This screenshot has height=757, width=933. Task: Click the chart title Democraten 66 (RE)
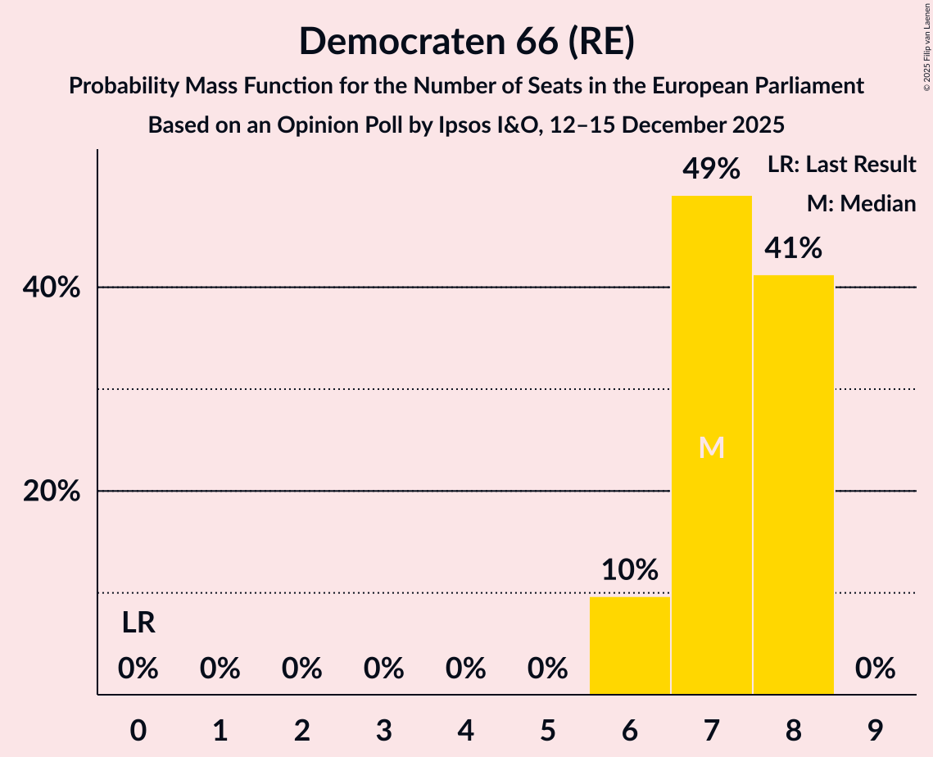(x=466, y=42)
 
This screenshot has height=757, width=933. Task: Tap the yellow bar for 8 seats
(x=793, y=484)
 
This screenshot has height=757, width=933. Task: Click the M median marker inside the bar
(x=712, y=447)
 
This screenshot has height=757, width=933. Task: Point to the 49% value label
(x=712, y=170)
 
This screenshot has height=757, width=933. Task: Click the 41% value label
(x=793, y=248)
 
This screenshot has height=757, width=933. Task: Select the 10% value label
(x=630, y=570)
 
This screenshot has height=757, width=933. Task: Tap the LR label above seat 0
(x=138, y=623)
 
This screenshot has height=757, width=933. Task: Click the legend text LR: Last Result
(x=841, y=165)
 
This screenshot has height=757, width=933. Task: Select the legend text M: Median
(x=861, y=203)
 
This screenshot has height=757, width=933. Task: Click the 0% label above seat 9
(x=875, y=669)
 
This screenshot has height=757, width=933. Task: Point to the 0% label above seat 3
(x=384, y=669)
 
